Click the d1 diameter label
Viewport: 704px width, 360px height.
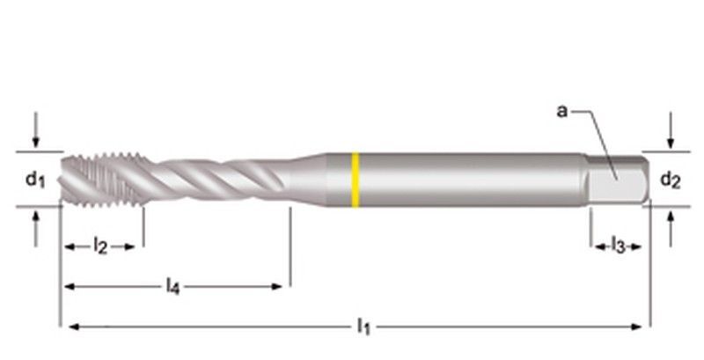pyautogui.click(x=34, y=180)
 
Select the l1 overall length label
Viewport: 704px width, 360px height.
pyautogui.click(x=363, y=327)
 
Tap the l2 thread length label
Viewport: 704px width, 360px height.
pyautogui.click(x=100, y=247)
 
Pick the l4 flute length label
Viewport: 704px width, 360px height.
pyautogui.click(x=173, y=286)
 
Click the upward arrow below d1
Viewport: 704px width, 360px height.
pyautogui.click(x=35, y=226)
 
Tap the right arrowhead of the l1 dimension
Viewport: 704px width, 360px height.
pyautogui.click(x=640, y=327)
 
